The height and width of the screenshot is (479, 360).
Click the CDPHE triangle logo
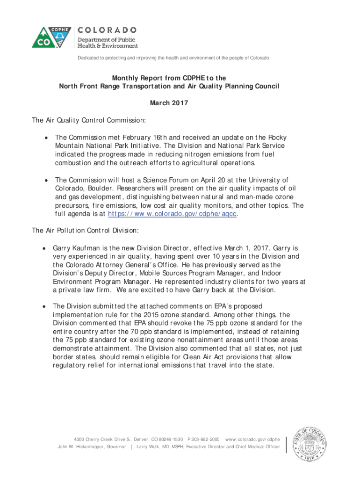pos(46,34)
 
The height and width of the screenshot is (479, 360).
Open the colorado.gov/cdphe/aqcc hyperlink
pos(173,214)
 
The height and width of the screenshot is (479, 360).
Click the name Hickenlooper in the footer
pos(94,447)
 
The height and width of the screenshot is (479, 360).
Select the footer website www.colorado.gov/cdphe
pos(252,439)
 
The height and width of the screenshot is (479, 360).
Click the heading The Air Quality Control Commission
pos(89,120)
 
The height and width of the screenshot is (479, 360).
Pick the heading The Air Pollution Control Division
pos(85,231)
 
